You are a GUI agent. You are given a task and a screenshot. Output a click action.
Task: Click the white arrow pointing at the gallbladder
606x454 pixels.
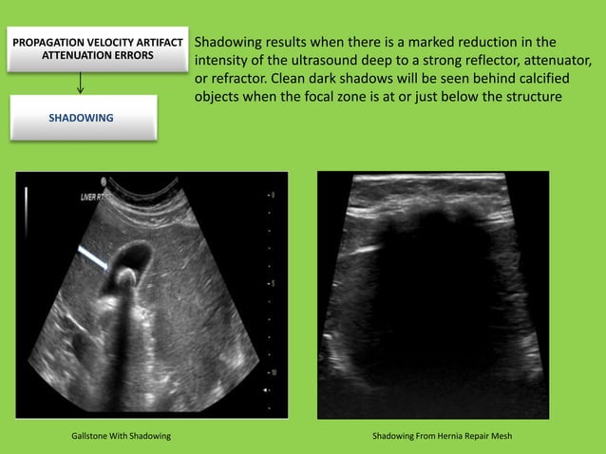coord(93,255)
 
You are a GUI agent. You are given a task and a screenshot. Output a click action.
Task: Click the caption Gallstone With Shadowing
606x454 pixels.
coord(121,437)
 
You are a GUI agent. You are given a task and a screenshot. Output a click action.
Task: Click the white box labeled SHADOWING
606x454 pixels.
coord(81,118)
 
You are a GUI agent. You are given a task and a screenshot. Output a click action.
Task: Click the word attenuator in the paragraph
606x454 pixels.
coord(552,61)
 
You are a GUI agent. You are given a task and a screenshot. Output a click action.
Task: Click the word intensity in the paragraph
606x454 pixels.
coord(220,61)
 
